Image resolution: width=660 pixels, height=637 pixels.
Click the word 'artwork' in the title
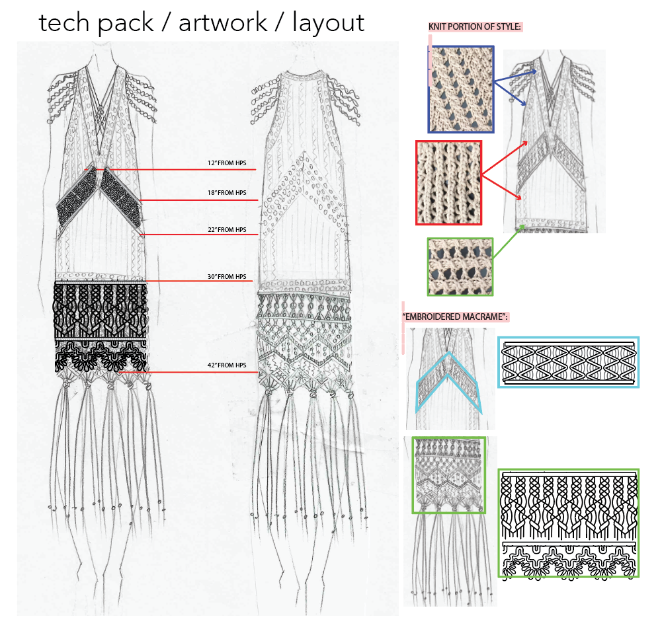pyautogui.click(x=223, y=22)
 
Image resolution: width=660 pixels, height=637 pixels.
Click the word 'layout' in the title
pyautogui.click(x=328, y=24)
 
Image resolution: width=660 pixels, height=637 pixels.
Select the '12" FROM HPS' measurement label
pyautogui.click(x=227, y=163)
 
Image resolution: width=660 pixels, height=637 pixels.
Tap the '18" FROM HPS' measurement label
pyautogui.click(x=227, y=193)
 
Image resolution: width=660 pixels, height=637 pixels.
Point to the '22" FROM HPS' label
pyautogui.click(x=227, y=230)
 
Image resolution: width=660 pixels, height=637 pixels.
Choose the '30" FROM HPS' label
pyautogui.click(x=227, y=277)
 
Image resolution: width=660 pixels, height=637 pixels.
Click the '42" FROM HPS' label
pyautogui.click(x=227, y=365)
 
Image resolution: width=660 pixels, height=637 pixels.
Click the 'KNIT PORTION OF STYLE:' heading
pyautogui.click(x=475, y=27)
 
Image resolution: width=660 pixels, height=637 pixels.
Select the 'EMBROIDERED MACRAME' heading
pyautogui.click(x=455, y=317)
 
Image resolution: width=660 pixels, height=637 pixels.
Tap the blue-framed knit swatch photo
pyautogui.click(x=461, y=90)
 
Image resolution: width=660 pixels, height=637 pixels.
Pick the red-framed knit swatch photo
pyautogui.click(x=448, y=183)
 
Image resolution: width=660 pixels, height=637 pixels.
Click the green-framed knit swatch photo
pyautogui.click(x=460, y=267)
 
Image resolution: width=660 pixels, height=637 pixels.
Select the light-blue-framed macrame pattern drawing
pyautogui.click(x=568, y=362)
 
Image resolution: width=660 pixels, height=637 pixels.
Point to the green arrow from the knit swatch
pyautogui.click(x=509, y=241)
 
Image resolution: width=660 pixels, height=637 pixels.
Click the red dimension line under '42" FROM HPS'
pyautogui.click(x=188, y=372)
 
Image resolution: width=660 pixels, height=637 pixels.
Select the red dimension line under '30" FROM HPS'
pyautogui.click(x=198, y=281)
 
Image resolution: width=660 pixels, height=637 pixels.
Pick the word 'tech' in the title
pyautogui.click(x=63, y=22)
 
